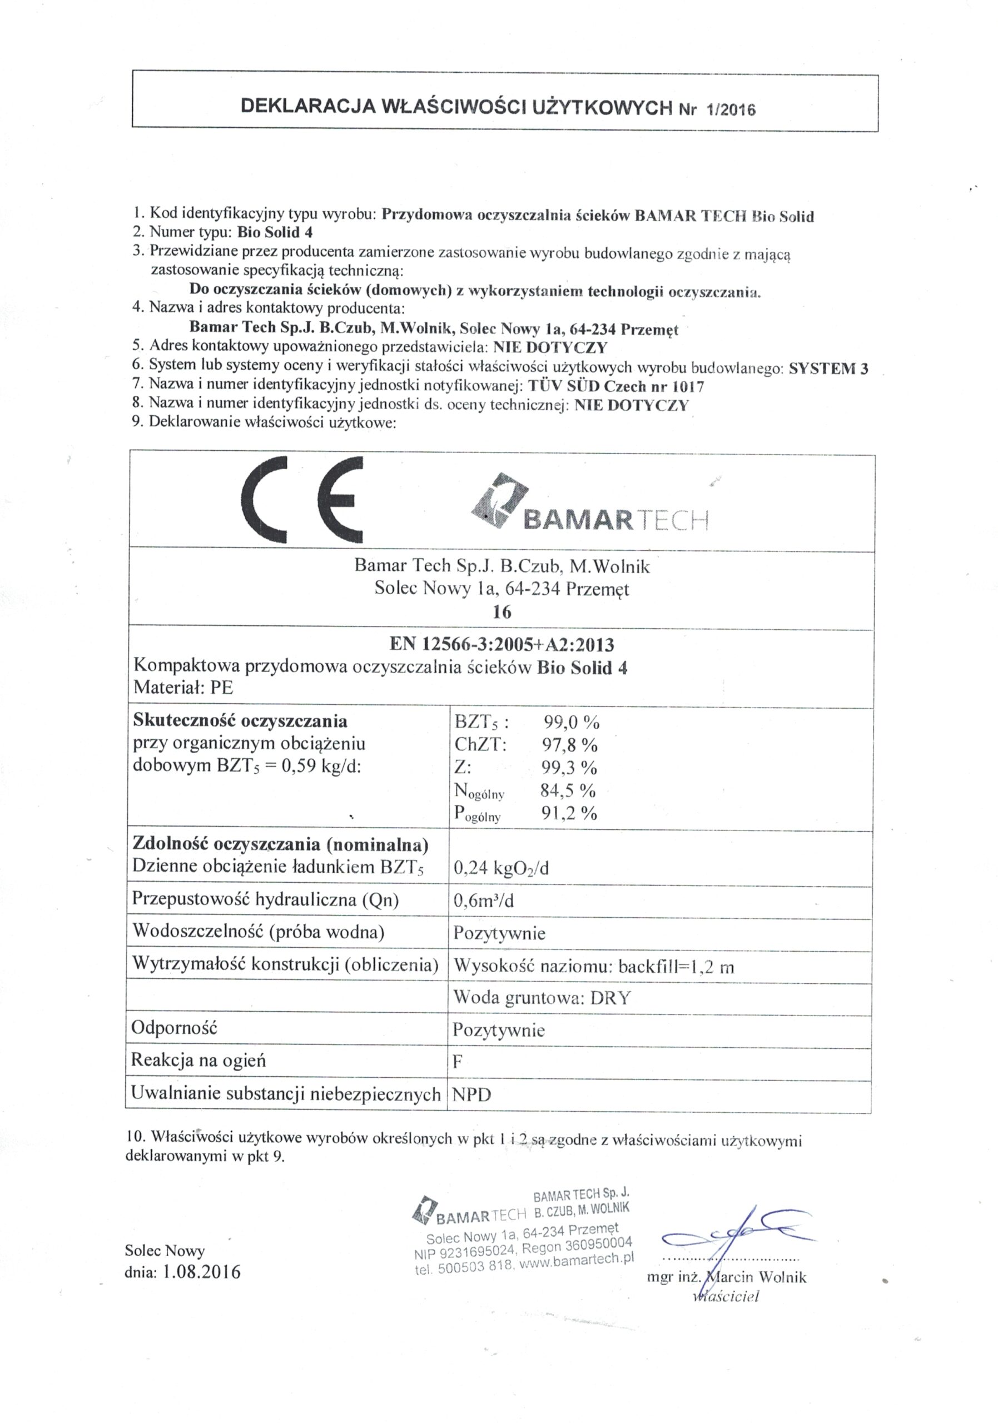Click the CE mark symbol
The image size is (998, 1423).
[301, 501]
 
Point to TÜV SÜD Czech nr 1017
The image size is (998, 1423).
[615, 387]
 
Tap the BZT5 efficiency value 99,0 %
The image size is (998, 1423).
[571, 722]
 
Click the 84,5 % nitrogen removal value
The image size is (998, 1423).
[568, 791]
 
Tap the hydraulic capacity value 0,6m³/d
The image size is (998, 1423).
[484, 900]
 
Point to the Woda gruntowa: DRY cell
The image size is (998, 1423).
[541, 998]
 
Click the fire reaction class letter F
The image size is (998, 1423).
[458, 1062]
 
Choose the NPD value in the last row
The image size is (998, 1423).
[471, 1094]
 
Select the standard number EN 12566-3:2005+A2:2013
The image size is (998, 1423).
[502, 645]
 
